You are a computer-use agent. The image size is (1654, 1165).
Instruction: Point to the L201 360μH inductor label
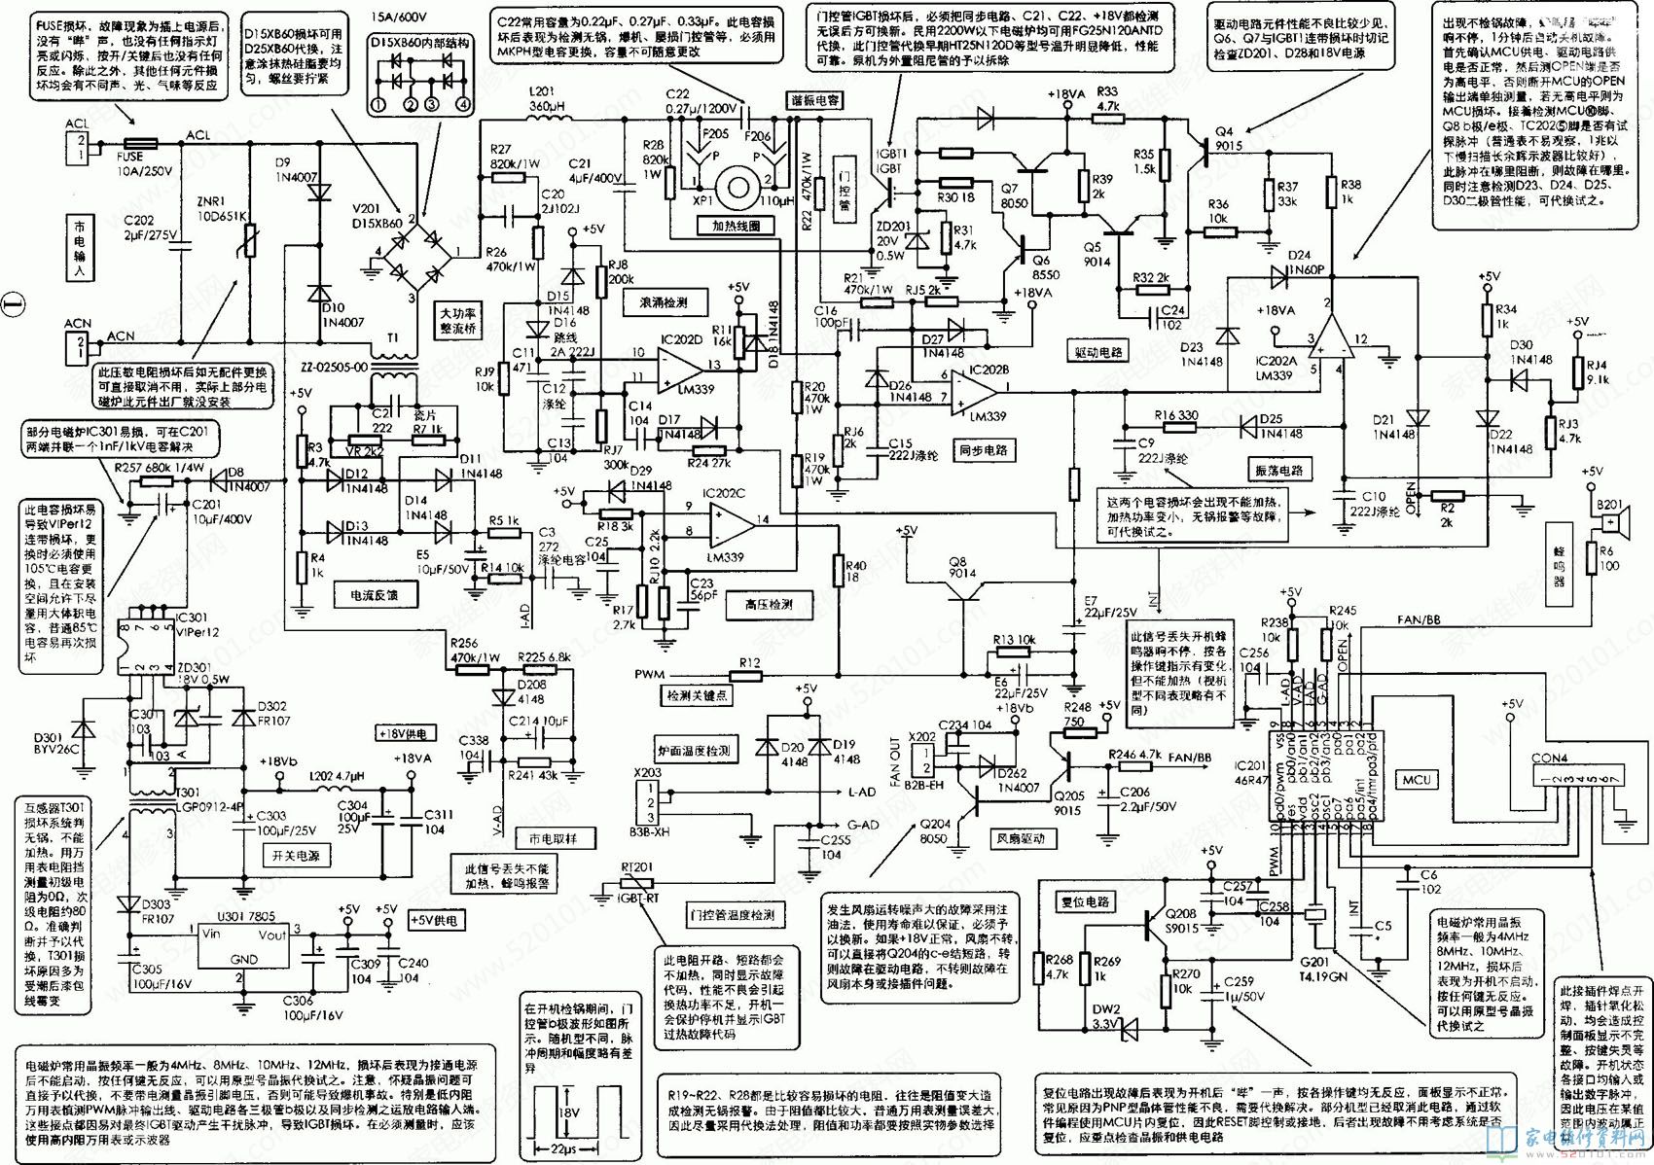pos(548,98)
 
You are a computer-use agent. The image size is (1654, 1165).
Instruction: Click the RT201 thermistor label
pos(636,865)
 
